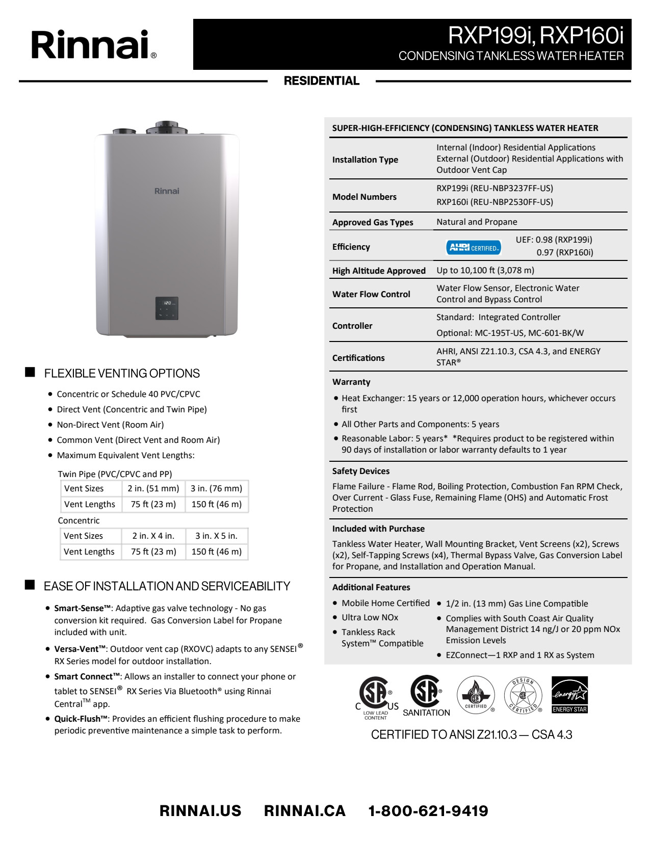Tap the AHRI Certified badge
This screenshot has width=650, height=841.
(x=473, y=248)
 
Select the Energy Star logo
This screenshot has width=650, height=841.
(x=569, y=695)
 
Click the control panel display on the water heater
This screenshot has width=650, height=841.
(x=167, y=308)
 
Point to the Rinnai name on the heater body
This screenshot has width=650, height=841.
(x=167, y=191)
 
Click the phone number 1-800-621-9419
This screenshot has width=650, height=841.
(x=428, y=811)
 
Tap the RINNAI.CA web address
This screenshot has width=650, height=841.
(x=304, y=811)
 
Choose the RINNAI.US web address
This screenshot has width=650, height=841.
(x=200, y=811)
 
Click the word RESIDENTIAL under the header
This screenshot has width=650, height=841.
(x=322, y=81)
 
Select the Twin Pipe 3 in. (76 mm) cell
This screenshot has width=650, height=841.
(x=216, y=488)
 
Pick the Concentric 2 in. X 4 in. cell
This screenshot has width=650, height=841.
(x=153, y=536)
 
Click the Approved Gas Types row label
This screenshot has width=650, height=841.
(x=373, y=222)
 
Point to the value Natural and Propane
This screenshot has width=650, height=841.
(x=477, y=222)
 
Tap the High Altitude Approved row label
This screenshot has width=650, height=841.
(x=379, y=271)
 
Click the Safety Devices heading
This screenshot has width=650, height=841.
(x=361, y=471)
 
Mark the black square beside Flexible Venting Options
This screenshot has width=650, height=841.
(x=30, y=372)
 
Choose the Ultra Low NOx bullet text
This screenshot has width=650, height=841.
(x=370, y=617)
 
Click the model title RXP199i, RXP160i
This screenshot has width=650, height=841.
(x=536, y=35)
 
